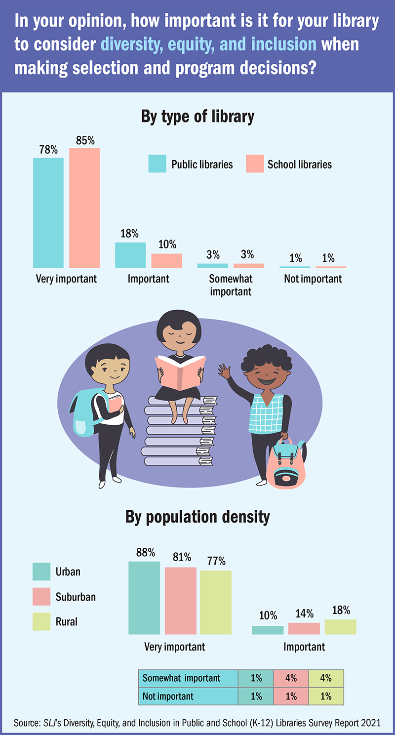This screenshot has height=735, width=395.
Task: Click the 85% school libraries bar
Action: [x=84, y=207]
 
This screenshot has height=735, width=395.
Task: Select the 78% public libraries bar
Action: [x=48, y=212]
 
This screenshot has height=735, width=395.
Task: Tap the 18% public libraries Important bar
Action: [x=130, y=255]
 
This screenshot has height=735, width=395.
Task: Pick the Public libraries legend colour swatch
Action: [x=157, y=164]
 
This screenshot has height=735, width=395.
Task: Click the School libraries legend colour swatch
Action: [x=254, y=164]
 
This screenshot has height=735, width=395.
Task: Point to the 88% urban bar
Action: [x=144, y=598]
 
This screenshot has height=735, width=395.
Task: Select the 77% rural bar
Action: [x=216, y=602]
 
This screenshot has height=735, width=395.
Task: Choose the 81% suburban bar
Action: [x=180, y=600]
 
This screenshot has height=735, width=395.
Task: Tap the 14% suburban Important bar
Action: [x=304, y=628]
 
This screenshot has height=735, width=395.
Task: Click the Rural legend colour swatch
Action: [x=41, y=621]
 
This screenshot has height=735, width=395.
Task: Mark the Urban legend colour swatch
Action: [x=41, y=572]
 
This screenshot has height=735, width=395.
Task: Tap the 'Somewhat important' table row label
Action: [x=182, y=678]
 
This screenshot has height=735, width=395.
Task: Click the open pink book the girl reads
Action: [x=180, y=368]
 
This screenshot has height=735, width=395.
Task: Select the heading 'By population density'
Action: [x=197, y=517]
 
